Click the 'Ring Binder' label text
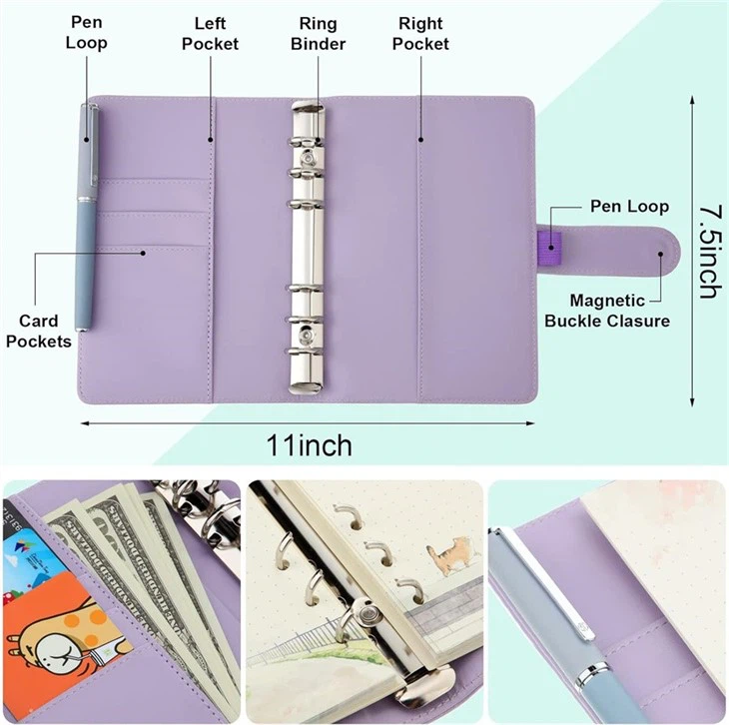click(319, 33)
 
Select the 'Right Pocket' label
click(420, 33)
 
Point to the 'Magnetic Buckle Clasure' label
click(606, 311)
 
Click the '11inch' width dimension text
click(309, 443)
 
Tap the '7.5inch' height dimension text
click(708, 251)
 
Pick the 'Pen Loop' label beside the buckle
click(628, 207)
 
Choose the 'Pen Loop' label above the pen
click(87, 33)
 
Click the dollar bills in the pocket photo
click(150, 579)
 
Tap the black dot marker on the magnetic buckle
click(661, 254)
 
